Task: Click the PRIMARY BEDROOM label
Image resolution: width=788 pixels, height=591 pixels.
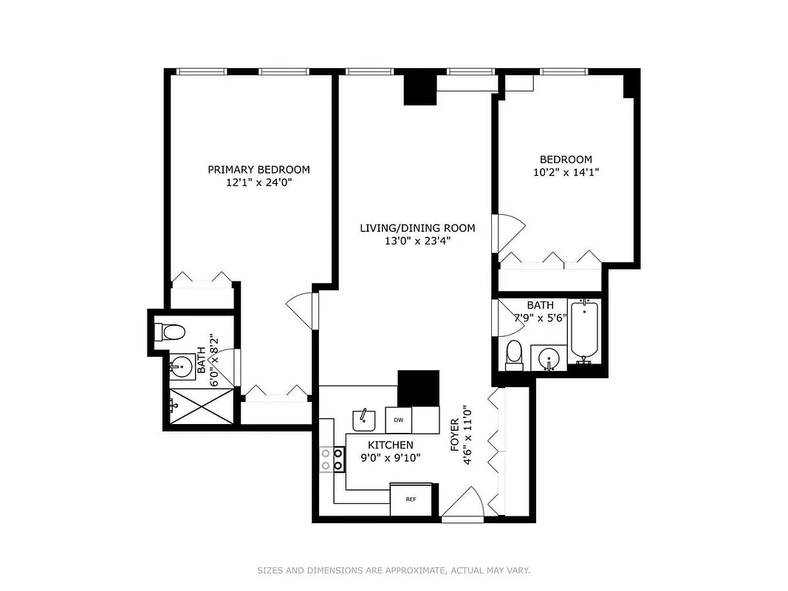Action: tap(258, 169)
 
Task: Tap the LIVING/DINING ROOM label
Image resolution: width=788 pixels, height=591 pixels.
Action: tap(417, 228)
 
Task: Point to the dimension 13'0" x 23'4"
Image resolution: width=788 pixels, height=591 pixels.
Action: tap(417, 240)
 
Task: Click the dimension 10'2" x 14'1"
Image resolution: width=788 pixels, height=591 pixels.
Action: tap(566, 172)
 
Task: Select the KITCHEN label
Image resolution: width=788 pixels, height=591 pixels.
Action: tap(391, 445)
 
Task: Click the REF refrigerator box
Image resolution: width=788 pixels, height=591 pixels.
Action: tap(411, 499)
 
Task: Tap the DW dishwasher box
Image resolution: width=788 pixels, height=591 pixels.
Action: tap(398, 420)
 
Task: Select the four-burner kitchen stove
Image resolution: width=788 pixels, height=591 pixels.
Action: tap(332, 459)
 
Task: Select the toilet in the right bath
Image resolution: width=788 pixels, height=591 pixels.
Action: tap(514, 355)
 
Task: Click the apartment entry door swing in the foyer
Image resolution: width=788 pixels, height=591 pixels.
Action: tap(464, 505)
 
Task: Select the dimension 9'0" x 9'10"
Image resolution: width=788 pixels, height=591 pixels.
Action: tap(391, 457)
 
